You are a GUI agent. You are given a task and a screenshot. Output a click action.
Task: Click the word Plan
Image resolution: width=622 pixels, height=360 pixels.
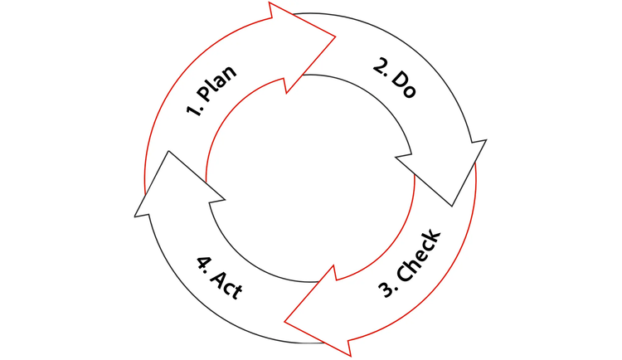click(216, 83)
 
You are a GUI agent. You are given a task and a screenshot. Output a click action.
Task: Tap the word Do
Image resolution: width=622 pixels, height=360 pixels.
click(404, 85)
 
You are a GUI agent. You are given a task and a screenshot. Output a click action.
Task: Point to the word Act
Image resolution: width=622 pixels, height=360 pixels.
click(226, 285)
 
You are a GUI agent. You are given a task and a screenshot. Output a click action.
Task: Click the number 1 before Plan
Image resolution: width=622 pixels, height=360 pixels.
click(192, 111)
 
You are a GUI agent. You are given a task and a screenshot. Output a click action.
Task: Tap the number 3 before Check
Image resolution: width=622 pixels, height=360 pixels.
click(386, 290)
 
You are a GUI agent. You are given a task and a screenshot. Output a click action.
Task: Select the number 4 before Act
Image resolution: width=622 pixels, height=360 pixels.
click(203, 263)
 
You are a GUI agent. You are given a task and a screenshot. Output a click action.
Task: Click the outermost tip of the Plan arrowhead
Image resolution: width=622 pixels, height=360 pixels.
click(336, 37)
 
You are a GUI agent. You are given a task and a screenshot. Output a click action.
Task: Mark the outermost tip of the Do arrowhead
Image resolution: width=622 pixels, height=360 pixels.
click(452, 207)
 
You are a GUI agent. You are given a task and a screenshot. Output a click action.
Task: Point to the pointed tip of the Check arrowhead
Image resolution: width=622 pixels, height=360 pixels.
click(284, 322)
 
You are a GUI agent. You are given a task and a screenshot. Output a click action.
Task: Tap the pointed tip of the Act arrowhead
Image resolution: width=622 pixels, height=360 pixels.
click(168, 151)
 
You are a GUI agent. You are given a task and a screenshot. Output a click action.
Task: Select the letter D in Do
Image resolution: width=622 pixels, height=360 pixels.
click(398, 80)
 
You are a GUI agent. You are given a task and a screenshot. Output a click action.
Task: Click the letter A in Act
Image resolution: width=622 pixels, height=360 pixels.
click(218, 279)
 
